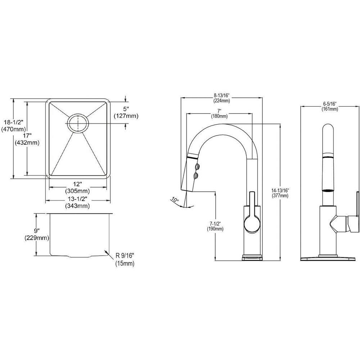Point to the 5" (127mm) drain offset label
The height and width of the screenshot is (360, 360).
click(x=126, y=113)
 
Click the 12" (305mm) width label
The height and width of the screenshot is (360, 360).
click(x=77, y=188)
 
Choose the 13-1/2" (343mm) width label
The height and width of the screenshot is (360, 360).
click(x=77, y=203)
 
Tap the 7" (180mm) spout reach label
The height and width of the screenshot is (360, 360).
click(x=219, y=113)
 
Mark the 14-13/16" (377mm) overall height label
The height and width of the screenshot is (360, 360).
click(x=281, y=192)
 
